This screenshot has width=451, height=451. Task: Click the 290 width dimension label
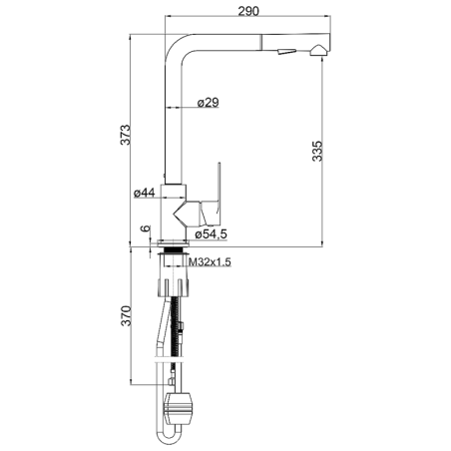248,11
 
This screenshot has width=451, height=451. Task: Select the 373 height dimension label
126,135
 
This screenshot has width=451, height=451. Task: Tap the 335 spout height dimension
317,152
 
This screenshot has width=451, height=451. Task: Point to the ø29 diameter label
209,103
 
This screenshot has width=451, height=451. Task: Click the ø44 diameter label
145,193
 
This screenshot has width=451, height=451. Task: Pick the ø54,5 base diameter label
212,234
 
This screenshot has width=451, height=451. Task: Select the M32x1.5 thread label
210,262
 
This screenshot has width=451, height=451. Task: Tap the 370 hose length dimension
126,315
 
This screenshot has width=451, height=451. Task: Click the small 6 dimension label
146,228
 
